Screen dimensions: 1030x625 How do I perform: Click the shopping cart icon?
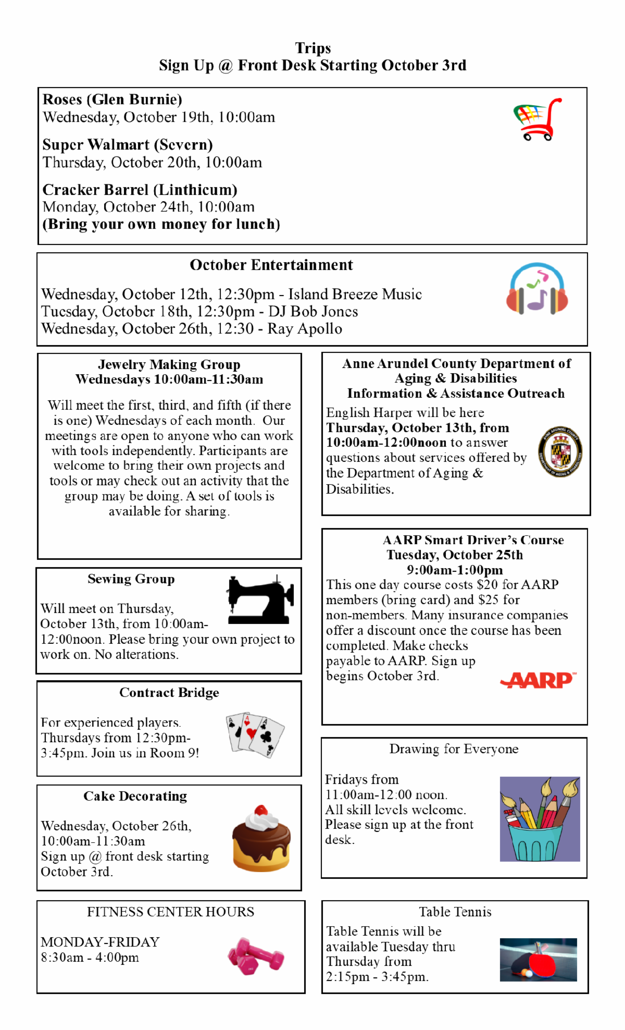[537, 119]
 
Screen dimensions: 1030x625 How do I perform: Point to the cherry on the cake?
[261, 811]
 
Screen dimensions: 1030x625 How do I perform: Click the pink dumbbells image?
[256, 956]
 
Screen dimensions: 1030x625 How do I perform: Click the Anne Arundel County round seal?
[560, 451]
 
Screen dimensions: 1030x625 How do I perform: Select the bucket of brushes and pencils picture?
[540, 818]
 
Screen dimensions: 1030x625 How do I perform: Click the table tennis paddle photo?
[538, 960]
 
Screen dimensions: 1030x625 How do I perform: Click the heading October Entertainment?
[271, 265]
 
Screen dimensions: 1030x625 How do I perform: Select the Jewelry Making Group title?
[169, 364]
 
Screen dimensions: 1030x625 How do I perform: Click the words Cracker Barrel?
[95, 190]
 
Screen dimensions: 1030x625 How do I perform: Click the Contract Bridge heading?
[169, 692]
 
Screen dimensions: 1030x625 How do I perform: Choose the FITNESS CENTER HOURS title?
[170, 912]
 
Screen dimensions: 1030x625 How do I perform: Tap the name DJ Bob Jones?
[313, 312]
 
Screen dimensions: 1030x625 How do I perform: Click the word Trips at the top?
[312, 48]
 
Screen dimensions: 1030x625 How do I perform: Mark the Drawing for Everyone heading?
[454, 749]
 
